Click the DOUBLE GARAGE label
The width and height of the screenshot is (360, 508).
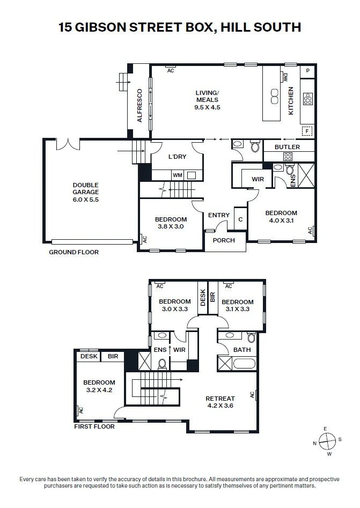[85, 189]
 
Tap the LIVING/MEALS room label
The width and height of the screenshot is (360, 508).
[207, 96]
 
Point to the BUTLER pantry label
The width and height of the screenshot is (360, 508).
[287, 147]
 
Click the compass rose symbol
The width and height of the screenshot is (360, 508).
[327, 441]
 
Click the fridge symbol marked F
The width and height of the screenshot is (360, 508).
[306, 131]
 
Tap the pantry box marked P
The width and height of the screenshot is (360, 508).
[307, 71]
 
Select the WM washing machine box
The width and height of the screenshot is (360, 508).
[177, 175]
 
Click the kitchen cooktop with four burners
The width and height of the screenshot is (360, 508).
[308, 99]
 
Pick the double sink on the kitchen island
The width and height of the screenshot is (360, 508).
[275, 97]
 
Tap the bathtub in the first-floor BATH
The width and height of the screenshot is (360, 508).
[244, 363]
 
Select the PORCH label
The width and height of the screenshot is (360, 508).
[224, 240]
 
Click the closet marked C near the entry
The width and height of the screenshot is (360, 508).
[240, 219]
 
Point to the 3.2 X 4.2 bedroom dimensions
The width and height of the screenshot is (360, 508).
[99, 390]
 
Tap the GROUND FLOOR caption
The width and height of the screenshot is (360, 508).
[74, 252]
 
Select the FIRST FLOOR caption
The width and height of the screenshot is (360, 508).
[94, 426]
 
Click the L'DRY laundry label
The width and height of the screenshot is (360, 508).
[177, 157]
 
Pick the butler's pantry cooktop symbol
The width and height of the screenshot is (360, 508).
[288, 157]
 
